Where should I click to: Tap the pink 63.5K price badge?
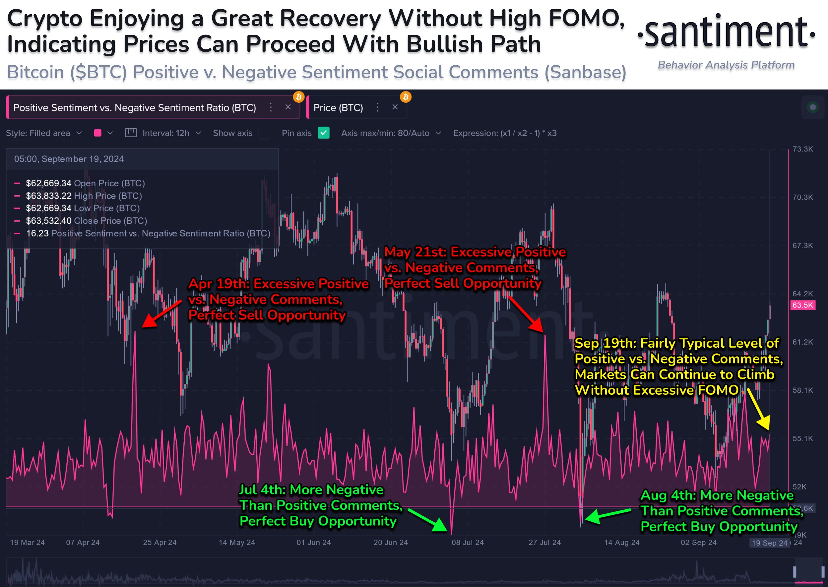(802, 305)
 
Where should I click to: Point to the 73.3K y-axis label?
(802, 149)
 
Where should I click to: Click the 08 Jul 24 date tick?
(467, 542)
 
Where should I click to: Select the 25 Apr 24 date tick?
(159, 542)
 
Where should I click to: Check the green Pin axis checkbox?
(323, 133)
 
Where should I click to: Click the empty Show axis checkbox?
(264, 133)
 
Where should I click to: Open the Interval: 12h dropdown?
(171, 133)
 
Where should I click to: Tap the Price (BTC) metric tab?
(338, 108)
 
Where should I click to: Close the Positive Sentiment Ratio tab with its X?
(288, 107)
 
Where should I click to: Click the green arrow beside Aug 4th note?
(607, 515)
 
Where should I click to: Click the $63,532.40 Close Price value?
(48, 220)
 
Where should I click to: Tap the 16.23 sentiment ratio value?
(37, 233)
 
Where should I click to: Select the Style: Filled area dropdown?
(44, 133)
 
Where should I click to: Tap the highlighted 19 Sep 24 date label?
(769, 543)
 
